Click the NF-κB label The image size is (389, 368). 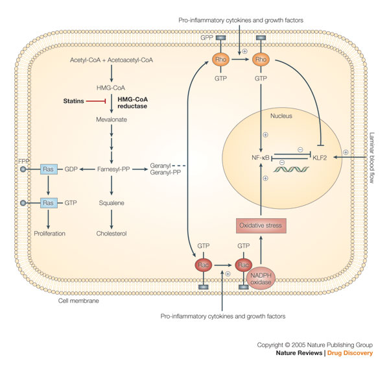point(262,156)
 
